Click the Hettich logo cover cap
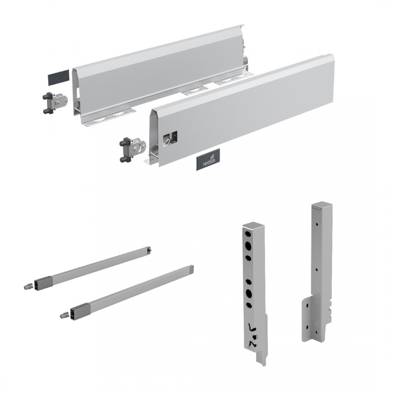(x=208, y=159)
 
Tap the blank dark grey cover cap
(x=58, y=77)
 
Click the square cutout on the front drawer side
(x=170, y=138)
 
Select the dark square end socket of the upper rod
(x=41, y=284)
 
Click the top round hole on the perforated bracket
(x=248, y=245)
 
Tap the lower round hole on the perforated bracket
(x=249, y=293)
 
